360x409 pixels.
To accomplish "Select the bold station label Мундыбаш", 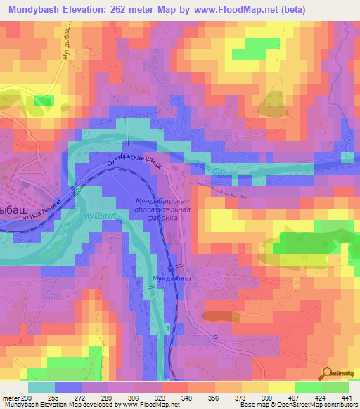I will pyautogui.click(x=172, y=279).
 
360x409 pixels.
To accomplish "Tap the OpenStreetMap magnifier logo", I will pyautogui.click(x=327, y=373).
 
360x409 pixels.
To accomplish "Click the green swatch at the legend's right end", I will pyautogui.click(x=335, y=387).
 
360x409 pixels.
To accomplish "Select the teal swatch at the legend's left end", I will pyautogui.click(x=41, y=387).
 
